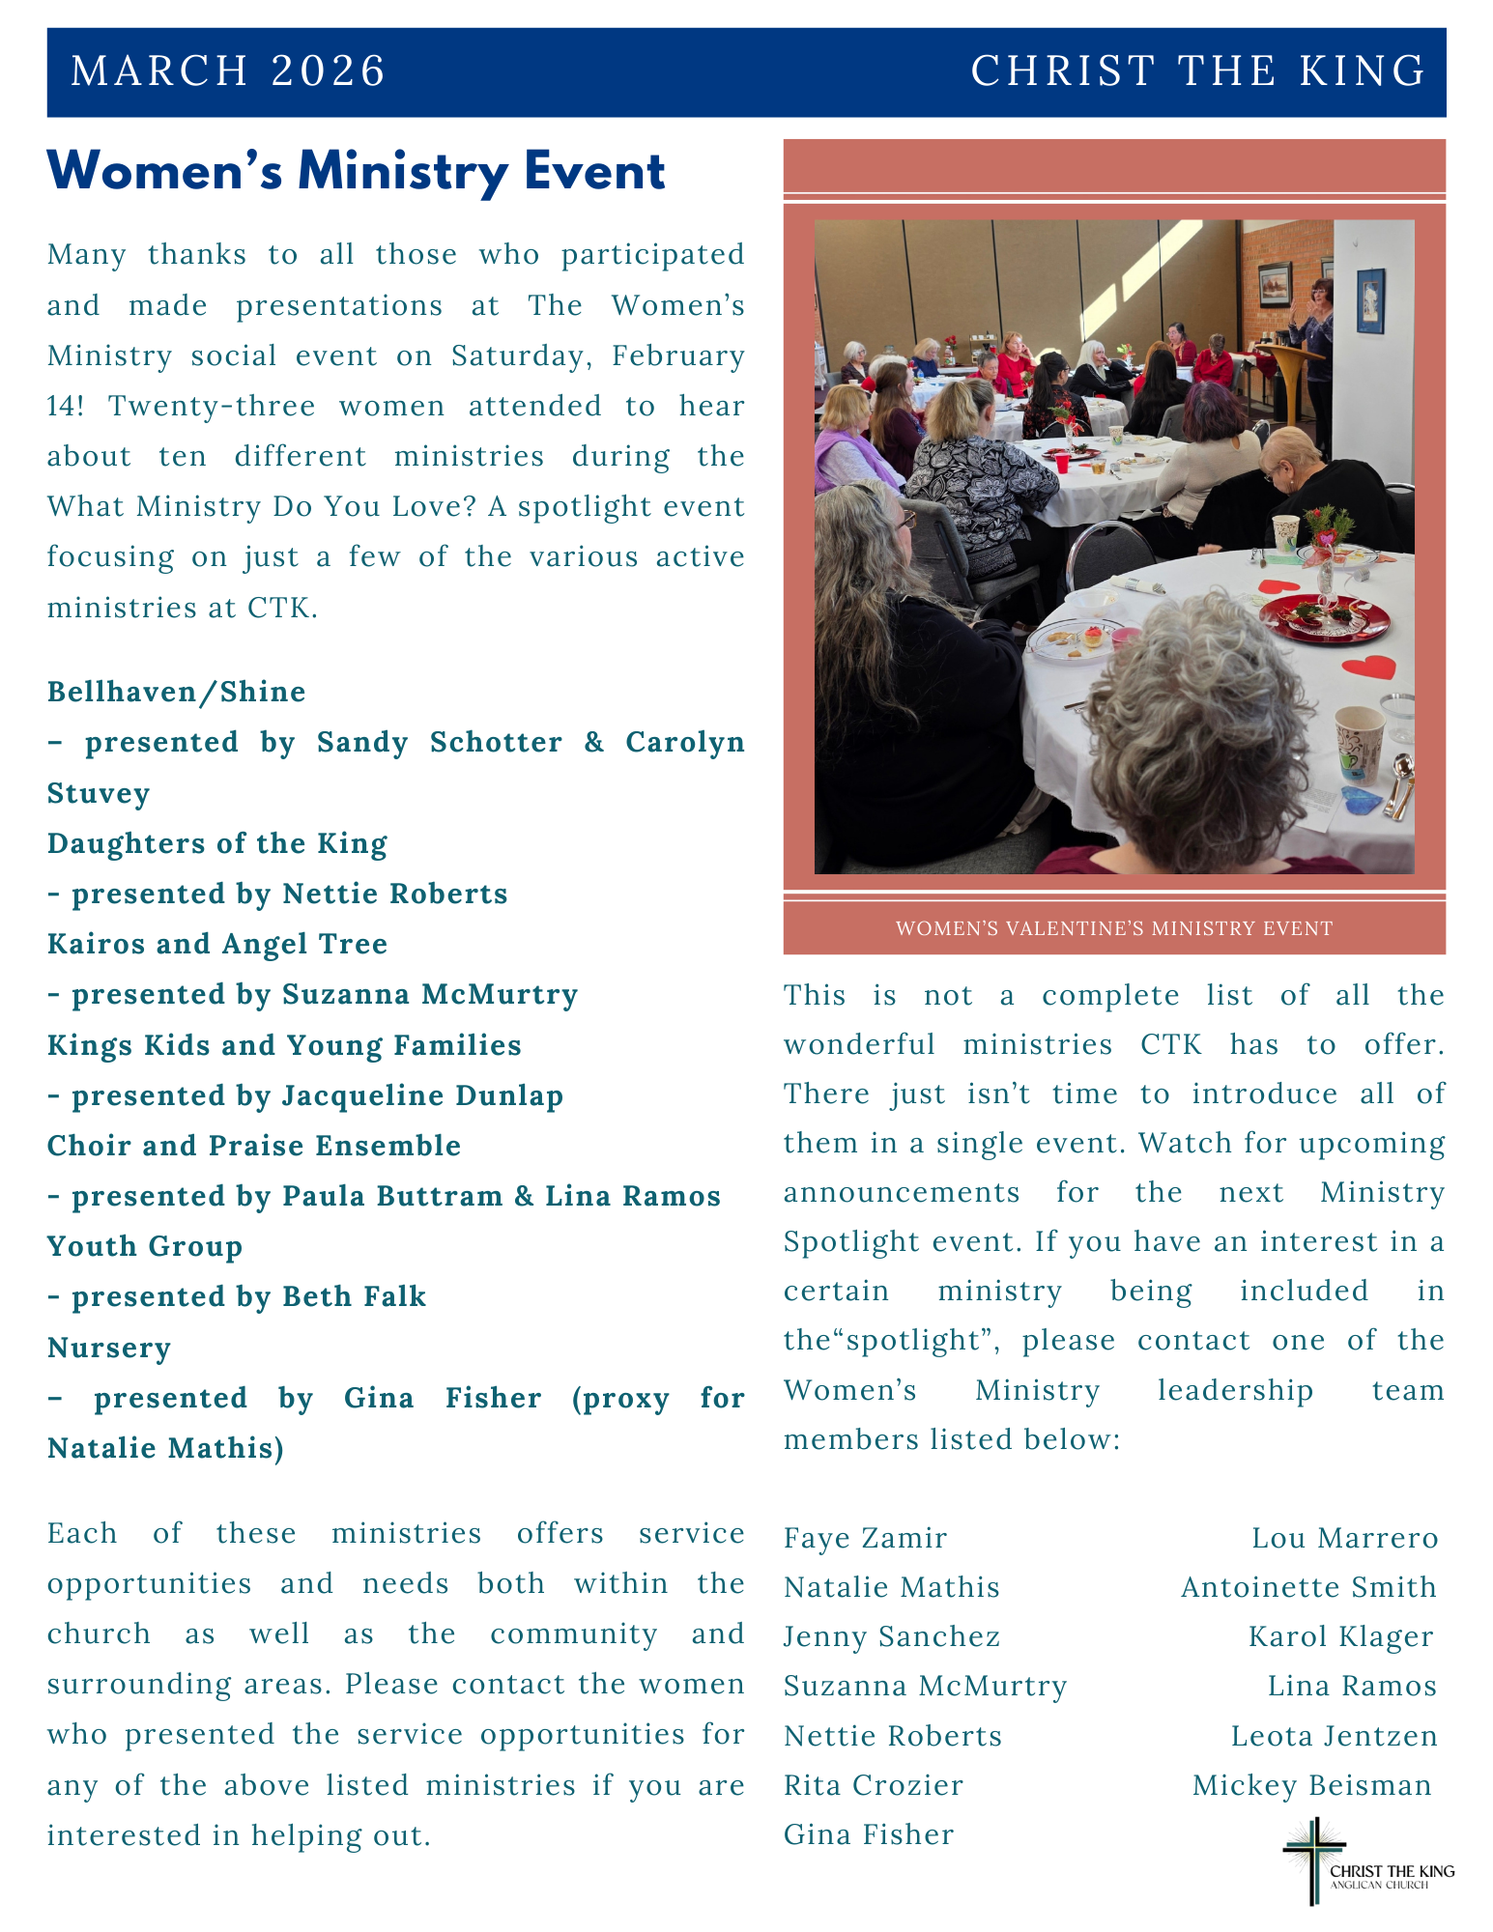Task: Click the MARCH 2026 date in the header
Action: point(228,71)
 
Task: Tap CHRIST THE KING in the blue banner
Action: point(1198,71)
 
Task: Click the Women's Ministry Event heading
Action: point(356,172)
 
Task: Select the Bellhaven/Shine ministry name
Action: point(177,692)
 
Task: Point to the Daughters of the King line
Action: point(217,843)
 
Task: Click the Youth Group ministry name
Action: point(145,1246)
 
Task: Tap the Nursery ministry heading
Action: point(109,1347)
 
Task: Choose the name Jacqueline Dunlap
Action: point(422,1095)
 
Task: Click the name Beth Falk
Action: point(354,1296)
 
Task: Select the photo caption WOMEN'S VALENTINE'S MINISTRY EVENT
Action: point(1113,928)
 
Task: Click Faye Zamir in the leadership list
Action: point(865,1538)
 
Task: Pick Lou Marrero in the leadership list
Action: point(1344,1538)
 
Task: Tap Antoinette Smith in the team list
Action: point(1308,1587)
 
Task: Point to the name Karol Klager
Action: point(1340,1636)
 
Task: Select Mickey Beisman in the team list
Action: point(1311,1785)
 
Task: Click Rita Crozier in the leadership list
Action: point(874,1785)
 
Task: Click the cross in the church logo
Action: point(1313,1860)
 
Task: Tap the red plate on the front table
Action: point(1324,617)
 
